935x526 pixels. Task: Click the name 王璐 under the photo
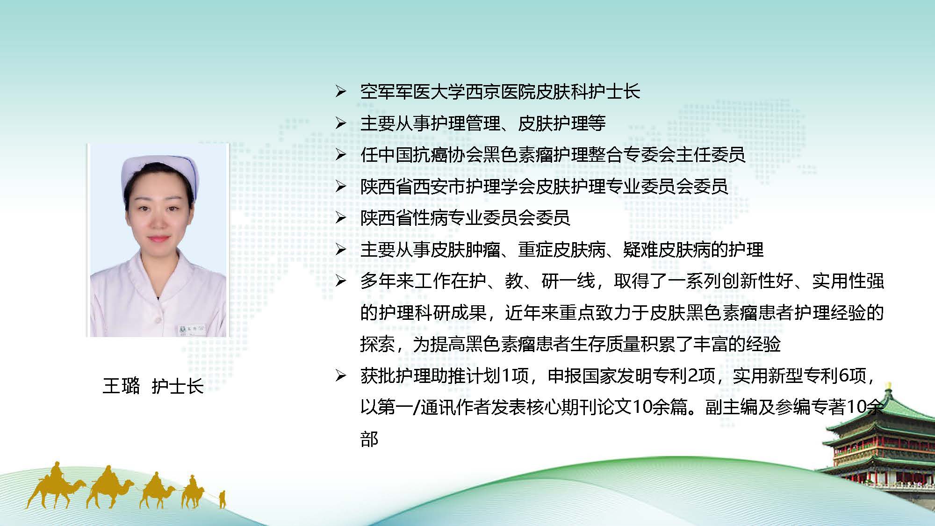tap(121, 386)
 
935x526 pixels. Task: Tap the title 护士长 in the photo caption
tap(178, 386)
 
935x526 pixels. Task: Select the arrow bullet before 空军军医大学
tap(341, 92)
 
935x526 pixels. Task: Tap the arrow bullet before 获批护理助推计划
tap(341, 375)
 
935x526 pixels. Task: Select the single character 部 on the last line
tap(369, 439)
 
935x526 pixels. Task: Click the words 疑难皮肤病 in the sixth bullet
tap(667, 250)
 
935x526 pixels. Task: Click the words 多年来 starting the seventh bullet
tap(387, 281)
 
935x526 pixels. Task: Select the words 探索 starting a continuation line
tap(378, 344)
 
